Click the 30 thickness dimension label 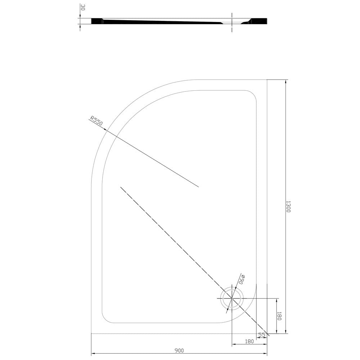pos(82,8)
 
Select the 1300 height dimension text pos(288,207)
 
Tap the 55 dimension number pos(262,335)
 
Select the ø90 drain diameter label pos(242,279)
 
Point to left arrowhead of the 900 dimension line pos(93,354)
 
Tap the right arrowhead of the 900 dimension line pos(266,354)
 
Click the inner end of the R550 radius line pos(198,187)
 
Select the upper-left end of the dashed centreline pos(121,187)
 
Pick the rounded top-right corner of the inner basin pos(252,94)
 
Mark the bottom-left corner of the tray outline pos(91,333)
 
